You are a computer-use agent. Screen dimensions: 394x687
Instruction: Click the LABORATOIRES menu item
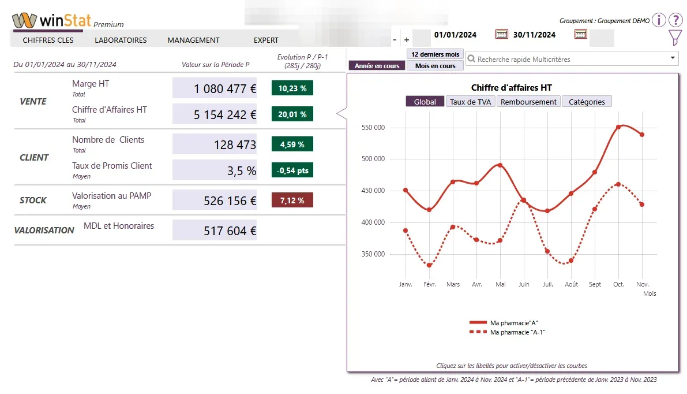click(x=121, y=40)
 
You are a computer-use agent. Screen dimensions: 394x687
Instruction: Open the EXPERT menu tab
click(x=266, y=40)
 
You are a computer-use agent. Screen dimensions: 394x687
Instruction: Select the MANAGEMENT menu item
click(x=193, y=40)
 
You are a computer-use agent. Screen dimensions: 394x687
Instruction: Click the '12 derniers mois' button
click(x=436, y=54)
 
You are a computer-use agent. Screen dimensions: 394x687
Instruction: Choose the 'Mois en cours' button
click(x=436, y=66)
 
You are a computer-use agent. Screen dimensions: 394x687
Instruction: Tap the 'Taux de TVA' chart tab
click(x=471, y=102)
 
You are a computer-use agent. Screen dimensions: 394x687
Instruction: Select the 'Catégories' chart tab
click(x=587, y=102)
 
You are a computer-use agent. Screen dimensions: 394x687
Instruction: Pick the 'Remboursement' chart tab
click(x=528, y=102)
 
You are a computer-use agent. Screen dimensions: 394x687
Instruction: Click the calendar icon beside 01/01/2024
click(x=502, y=35)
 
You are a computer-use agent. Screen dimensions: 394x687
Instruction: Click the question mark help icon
click(x=675, y=20)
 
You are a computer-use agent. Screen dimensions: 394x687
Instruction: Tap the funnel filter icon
click(x=675, y=38)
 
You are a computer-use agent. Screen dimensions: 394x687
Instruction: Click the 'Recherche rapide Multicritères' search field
click(x=571, y=59)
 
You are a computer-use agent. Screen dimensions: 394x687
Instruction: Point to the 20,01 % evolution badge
click(x=292, y=114)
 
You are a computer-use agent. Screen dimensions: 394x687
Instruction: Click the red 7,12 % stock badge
click(x=292, y=200)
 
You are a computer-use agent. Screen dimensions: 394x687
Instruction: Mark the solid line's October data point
click(x=618, y=127)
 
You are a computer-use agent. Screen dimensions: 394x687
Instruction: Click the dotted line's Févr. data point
click(x=429, y=265)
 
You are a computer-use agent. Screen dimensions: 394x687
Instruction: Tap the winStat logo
click(x=52, y=20)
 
